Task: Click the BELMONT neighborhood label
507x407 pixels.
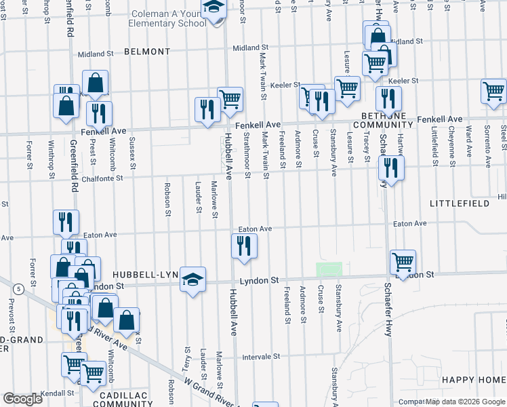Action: (146, 52)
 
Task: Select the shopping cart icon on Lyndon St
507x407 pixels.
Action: (403, 262)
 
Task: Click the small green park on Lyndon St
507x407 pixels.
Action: (329, 270)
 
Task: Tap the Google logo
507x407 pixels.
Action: (22, 399)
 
